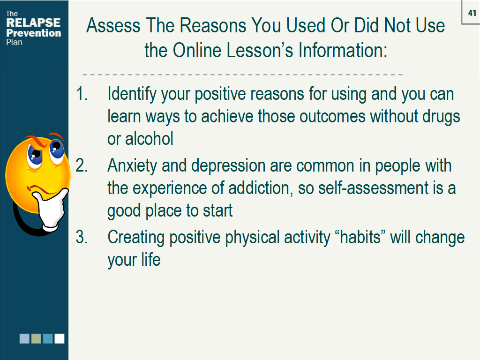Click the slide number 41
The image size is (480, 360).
pyautogui.click(x=472, y=13)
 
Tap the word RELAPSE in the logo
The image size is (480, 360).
pyautogui.click(x=33, y=22)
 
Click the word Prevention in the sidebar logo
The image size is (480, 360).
pyautogui.click(x=34, y=33)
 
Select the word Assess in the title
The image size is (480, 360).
pyautogui.click(x=113, y=25)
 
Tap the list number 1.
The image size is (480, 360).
pyautogui.click(x=82, y=94)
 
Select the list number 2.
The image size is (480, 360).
pyautogui.click(x=82, y=165)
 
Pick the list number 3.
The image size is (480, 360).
pyautogui.click(x=82, y=237)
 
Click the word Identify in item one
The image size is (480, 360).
pyautogui.click(x=132, y=94)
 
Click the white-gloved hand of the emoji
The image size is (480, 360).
pyautogui.click(x=51, y=209)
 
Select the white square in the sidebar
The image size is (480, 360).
pyautogui.click(x=60, y=338)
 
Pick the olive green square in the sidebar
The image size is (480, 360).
pyautogui.click(x=36, y=338)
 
